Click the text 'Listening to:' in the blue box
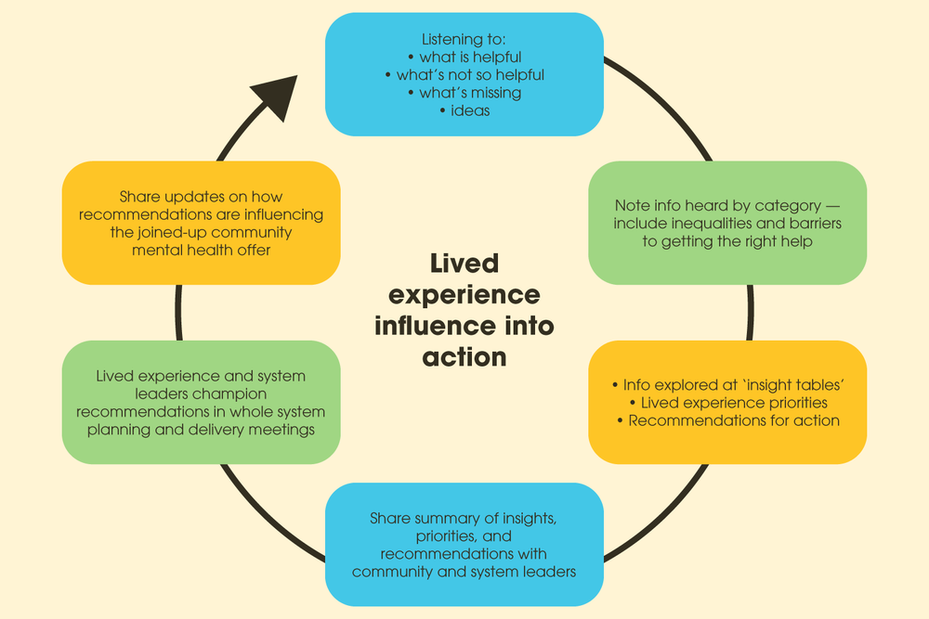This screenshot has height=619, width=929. pos(464,40)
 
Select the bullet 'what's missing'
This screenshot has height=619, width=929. pos(464,93)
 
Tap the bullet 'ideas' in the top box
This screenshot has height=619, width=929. pos(464,110)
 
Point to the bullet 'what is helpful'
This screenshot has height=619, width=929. pos(464,58)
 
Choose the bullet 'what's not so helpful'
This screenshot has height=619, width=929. pos(464,75)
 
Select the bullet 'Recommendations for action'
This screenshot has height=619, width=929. pos(728,420)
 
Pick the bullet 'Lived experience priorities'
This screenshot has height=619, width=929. pos(728,403)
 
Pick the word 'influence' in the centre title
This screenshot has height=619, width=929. pos(435,326)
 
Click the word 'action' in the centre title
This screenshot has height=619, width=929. pos(464,356)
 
